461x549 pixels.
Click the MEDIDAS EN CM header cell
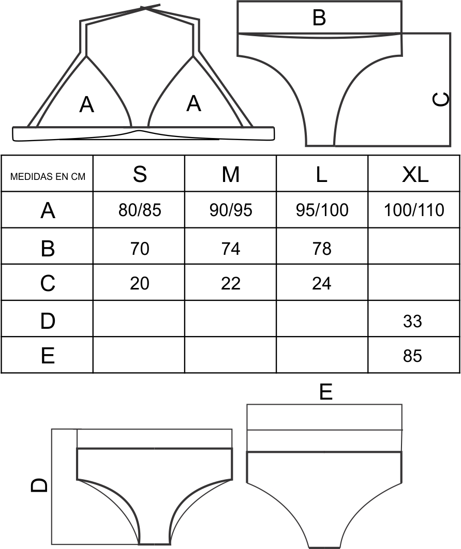(48, 176)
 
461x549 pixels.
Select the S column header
(139, 174)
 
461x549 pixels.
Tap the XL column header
(415, 174)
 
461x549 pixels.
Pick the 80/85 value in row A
(139, 210)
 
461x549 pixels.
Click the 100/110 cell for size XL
(414, 210)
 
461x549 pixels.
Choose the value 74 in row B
(231, 249)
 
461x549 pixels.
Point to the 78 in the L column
(322, 249)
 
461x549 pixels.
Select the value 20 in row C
(139, 283)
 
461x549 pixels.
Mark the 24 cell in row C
(322, 283)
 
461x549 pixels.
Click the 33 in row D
(412, 321)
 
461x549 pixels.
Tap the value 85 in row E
(412, 356)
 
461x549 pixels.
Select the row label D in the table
(48, 321)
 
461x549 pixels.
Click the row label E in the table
(48, 356)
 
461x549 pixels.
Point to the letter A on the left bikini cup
(86, 105)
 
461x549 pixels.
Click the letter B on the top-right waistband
(319, 18)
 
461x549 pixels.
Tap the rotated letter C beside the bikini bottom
(441, 99)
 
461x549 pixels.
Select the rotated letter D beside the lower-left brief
(39, 485)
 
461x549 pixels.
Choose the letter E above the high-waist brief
(326, 392)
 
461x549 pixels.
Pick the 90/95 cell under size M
(231, 210)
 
